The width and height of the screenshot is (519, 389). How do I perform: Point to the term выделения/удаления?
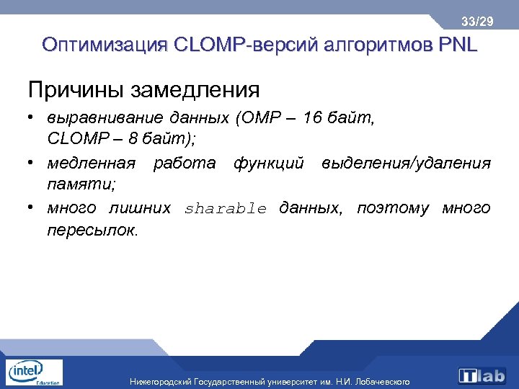pos(407,164)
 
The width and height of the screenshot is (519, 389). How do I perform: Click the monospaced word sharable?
pos(226,209)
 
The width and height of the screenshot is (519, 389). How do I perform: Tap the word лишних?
pos(139,208)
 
